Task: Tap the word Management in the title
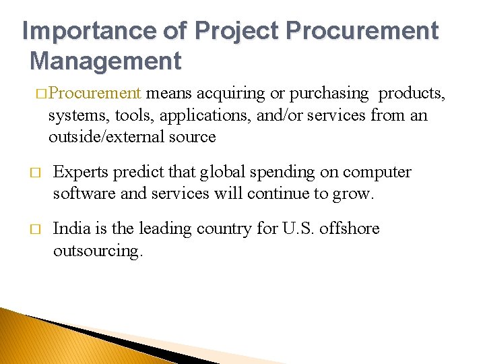click(106, 61)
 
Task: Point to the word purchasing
click(330, 93)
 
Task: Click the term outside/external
click(108, 137)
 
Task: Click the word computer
click(377, 172)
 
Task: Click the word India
click(70, 229)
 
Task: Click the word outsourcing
click(98, 251)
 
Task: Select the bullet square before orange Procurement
click(42, 94)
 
